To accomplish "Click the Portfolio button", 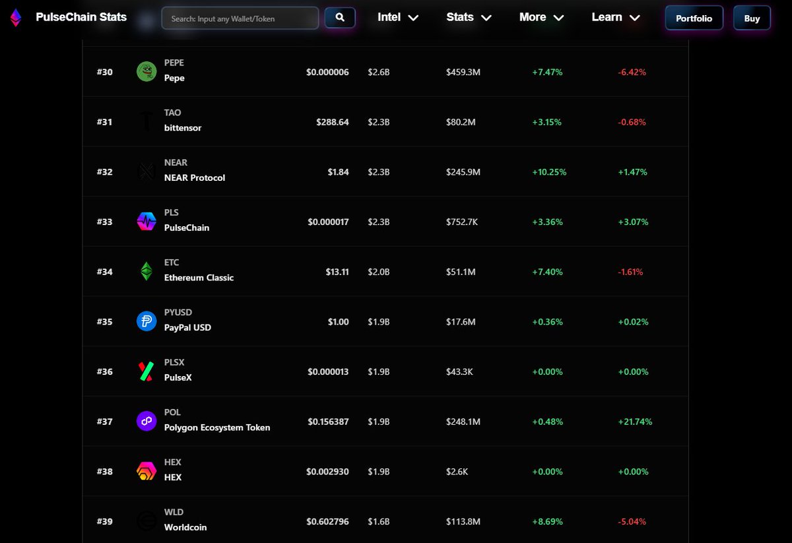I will coord(694,18).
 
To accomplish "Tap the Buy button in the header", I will coord(752,18).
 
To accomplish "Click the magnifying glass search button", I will coord(340,18).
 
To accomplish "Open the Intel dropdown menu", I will coord(398,17).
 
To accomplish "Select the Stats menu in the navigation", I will coord(469,17).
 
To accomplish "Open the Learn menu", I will coord(616,17).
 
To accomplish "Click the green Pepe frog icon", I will coord(147,71).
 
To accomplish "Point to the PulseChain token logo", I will coord(147,222).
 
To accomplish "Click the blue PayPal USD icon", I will coord(147,321).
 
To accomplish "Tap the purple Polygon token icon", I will coord(147,421).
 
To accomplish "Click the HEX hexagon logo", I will coord(147,471).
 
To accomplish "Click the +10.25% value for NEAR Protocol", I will coord(549,172).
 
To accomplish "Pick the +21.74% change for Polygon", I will coord(635,422).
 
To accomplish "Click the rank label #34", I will coord(104,272).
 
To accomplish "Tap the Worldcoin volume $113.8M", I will coord(464,522).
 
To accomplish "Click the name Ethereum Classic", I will coord(199,278).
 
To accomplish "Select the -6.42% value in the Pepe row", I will coord(632,72).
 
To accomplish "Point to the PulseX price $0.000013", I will coord(328,372).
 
